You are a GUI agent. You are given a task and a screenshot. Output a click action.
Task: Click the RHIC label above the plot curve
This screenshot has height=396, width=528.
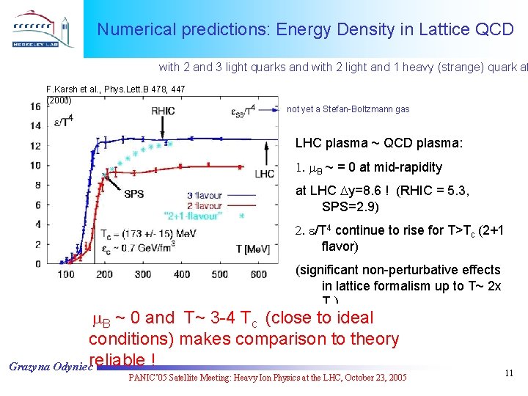click(163, 111)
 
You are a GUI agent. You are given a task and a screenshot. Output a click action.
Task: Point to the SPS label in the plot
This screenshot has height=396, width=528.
click(133, 194)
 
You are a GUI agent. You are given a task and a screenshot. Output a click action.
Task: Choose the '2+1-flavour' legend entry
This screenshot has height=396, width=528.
click(214, 216)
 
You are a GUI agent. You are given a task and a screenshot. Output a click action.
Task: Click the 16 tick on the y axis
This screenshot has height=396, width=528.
click(35, 106)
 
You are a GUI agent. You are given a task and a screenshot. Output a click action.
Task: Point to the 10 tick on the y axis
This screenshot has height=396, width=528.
click(35, 165)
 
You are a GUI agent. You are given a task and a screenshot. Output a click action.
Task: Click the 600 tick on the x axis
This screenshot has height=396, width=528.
click(258, 275)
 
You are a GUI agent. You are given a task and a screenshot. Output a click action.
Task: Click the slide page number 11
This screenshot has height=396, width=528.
click(509, 374)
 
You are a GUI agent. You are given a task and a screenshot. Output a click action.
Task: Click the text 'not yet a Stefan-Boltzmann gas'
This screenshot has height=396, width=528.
click(348, 109)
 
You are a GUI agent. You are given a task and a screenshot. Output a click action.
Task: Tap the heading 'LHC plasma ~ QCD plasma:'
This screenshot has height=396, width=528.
click(378, 144)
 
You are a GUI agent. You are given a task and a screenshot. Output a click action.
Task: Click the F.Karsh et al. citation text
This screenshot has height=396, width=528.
click(115, 89)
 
